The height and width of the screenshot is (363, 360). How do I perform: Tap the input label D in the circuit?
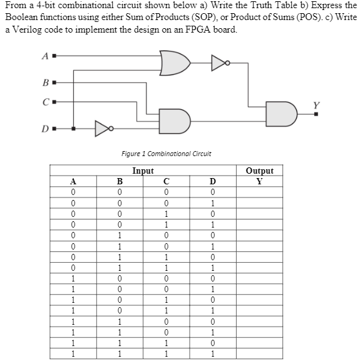[44, 129]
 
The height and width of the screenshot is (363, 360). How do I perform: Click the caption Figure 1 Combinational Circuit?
[167, 154]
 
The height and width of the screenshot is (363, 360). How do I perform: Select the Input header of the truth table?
[143, 171]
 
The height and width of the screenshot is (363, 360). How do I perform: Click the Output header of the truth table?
[259, 171]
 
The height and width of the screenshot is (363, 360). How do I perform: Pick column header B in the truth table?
[120, 181]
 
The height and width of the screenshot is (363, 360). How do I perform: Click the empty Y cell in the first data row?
[259, 192]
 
